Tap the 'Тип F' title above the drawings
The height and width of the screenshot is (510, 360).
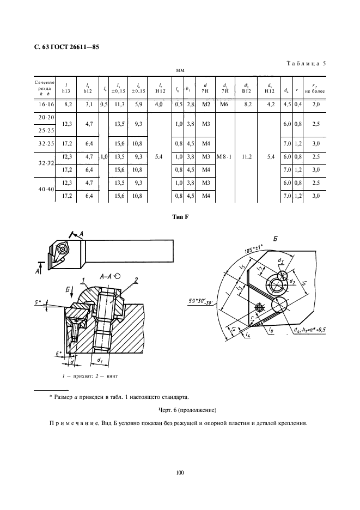180,218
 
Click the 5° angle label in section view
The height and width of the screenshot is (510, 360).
35,301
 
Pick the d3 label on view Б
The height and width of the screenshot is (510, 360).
280,261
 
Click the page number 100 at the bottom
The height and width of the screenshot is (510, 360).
180,472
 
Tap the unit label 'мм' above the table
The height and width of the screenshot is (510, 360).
180,71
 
